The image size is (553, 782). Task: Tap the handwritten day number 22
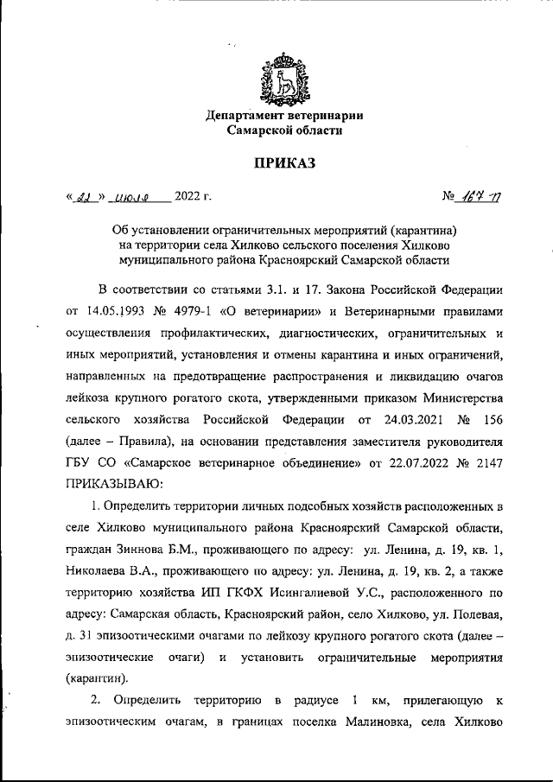click(82, 198)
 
